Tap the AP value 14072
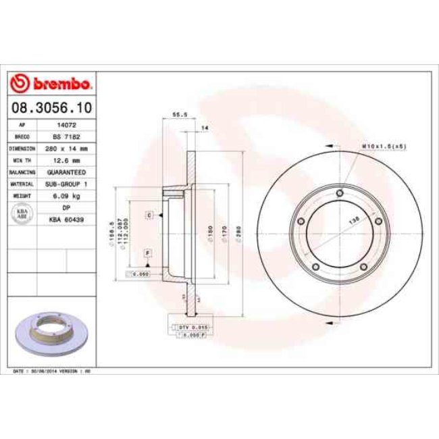click(66, 125)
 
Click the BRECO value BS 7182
click(66, 136)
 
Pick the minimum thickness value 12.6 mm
click(66, 160)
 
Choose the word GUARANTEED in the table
click(66, 172)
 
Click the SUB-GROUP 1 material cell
click(66, 184)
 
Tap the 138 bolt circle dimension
click(352, 221)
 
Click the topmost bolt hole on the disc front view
click(340, 196)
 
